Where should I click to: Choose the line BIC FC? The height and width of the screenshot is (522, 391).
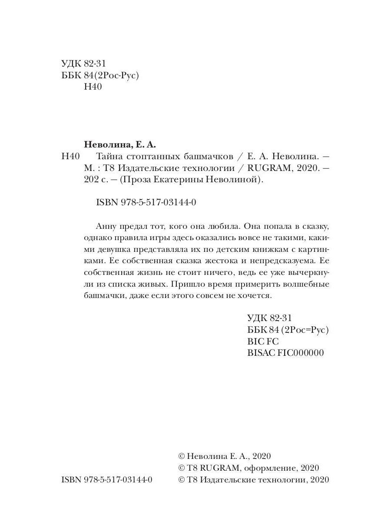coord(262,341)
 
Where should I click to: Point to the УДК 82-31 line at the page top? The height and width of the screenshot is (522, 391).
coord(84,64)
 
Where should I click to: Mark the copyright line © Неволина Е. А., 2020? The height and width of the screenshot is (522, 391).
coord(225,456)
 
